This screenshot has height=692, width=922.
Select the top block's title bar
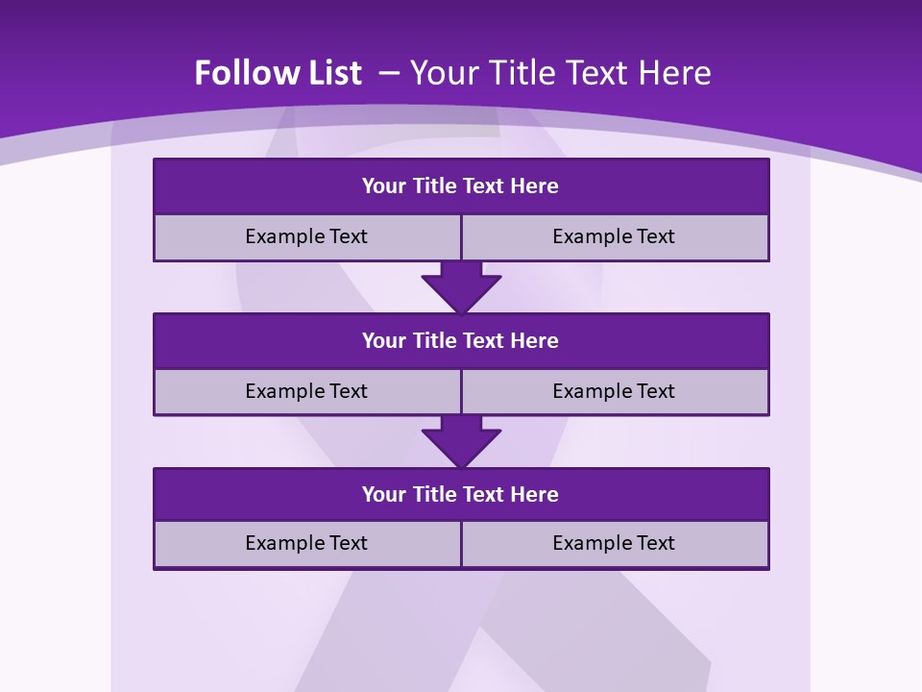click(x=461, y=185)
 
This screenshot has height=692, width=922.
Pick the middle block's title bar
click(x=461, y=340)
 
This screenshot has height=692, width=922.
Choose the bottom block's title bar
click(x=461, y=494)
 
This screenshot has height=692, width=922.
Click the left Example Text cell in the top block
click(x=306, y=236)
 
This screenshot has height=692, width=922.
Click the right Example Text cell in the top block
click(x=615, y=236)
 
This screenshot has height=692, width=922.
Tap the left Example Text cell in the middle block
click(x=306, y=391)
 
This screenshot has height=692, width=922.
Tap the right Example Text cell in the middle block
click(x=615, y=391)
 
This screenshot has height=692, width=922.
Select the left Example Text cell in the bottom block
click(x=306, y=543)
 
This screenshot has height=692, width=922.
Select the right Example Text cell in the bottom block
click(x=615, y=543)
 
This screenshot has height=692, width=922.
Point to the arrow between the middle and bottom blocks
click(x=461, y=441)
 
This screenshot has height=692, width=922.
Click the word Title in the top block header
click(x=435, y=185)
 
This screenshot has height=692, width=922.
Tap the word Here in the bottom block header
click(x=535, y=494)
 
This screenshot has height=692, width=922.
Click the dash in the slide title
click(x=389, y=71)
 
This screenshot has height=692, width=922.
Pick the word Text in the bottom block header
click(x=485, y=494)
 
